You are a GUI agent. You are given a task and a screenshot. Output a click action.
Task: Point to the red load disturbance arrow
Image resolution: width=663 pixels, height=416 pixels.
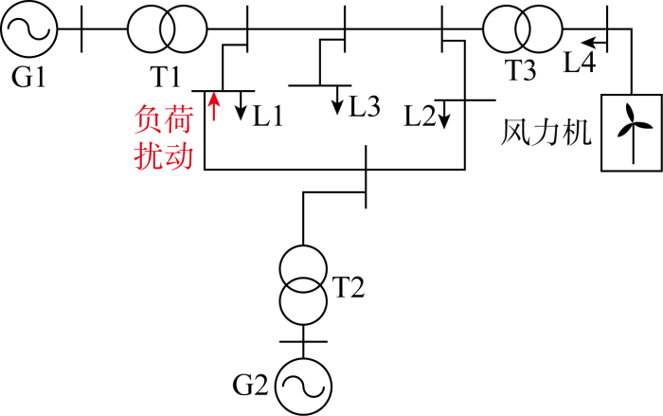point(214,106)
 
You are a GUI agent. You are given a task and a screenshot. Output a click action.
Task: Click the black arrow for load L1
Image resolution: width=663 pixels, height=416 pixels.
point(241,106)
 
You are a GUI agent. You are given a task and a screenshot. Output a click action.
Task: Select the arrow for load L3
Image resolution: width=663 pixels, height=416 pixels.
point(337,100)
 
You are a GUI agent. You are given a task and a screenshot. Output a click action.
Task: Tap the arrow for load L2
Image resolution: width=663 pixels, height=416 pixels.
point(443,115)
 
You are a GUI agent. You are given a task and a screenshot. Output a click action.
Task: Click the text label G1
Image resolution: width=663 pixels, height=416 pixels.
point(28,77)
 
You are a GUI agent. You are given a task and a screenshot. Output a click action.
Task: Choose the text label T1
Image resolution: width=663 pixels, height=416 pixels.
point(165,77)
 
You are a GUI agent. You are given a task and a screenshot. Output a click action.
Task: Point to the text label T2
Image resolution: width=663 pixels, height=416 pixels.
point(349,287)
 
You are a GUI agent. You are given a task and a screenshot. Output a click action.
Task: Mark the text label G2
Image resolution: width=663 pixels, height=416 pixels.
point(251,385)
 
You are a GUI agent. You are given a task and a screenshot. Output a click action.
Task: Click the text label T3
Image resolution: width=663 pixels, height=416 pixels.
point(521,70)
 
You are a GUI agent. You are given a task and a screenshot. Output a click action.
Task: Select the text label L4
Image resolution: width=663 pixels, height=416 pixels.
point(580,62)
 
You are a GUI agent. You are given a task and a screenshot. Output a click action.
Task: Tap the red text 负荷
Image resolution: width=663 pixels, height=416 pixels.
point(164,119)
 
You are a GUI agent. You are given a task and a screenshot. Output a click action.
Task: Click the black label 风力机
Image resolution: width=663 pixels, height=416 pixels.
point(546,133)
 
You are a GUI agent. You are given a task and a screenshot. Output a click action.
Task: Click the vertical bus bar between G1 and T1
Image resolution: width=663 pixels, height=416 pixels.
point(81,29)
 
